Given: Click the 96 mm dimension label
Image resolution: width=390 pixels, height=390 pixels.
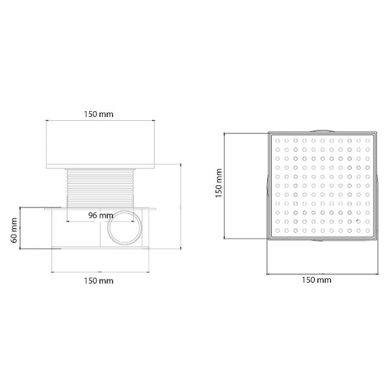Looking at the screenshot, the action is (x=101, y=215).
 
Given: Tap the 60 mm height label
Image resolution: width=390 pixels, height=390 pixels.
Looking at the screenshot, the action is (x=14, y=230).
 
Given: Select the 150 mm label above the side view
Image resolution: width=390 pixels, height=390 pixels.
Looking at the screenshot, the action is (x=99, y=114).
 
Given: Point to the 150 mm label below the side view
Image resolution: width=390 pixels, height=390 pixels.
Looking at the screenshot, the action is (x=99, y=281).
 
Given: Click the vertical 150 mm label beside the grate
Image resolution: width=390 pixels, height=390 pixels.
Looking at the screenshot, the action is (x=219, y=183).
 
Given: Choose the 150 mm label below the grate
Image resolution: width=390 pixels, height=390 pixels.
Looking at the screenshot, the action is (x=317, y=280).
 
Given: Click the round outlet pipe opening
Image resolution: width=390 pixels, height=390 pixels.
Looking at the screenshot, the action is (x=125, y=227).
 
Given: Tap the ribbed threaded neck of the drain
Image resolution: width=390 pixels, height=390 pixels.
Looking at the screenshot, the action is (x=100, y=188).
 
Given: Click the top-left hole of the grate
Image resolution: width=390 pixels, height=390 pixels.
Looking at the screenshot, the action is (x=278, y=140).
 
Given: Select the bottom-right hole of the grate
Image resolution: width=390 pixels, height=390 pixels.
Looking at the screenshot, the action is (x=368, y=231).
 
